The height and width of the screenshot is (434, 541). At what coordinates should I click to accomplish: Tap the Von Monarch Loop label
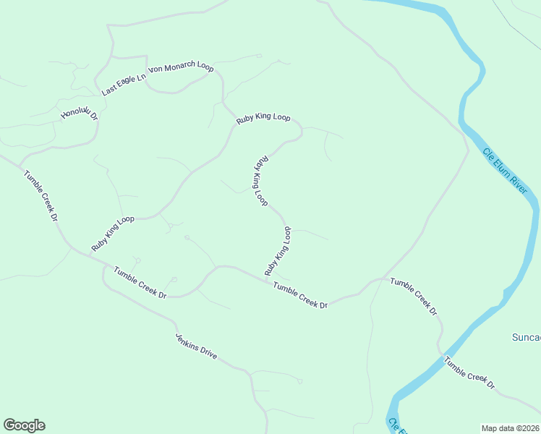tap(181, 68)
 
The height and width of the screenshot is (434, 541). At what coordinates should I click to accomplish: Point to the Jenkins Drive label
tap(196, 347)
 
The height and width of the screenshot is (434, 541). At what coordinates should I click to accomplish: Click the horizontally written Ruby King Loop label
tap(263, 117)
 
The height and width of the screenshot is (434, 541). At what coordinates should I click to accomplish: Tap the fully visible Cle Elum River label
tap(505, 171)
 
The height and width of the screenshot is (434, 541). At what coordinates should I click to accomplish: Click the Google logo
tap(24, 425)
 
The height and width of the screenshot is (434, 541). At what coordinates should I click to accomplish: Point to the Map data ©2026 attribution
tap(510, 428)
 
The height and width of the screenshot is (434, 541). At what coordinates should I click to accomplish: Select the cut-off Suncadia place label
tap(526, 337)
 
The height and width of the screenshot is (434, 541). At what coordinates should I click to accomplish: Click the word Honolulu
tap(75, 111)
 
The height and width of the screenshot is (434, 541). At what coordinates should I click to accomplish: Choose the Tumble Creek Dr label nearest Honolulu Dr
tap(40, 195)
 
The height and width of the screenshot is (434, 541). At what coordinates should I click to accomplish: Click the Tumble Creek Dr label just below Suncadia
tap(469, 373)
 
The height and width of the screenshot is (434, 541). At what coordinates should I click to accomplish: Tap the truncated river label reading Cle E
tap(393, 426)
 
